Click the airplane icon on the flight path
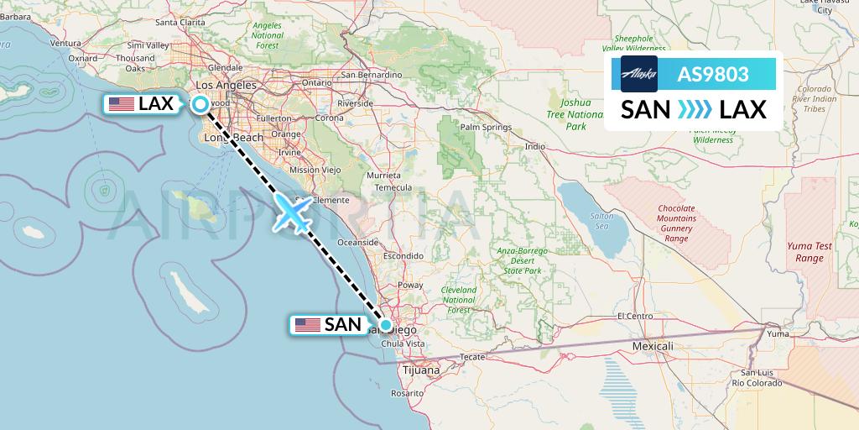click(293, 214)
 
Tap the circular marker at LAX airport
click(201, 104)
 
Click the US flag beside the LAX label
click(122, 104)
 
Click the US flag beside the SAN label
click(308, 324)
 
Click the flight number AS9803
click(713, 74)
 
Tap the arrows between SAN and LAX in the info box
click(694, 109)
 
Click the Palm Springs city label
click(486, 128)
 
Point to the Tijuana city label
click(420, 370)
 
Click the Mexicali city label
click(653, 346)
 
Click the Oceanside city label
click(357, 242)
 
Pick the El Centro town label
click(634, 316)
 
